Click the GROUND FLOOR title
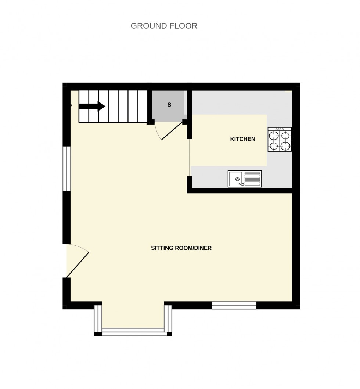164,26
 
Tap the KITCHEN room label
242,139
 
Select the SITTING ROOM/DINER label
181,248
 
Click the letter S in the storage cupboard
169,105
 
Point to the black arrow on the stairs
92,106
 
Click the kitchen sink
245,179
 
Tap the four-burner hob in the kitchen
280,140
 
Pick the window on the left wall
66,169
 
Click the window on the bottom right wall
234,305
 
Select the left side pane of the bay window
98,318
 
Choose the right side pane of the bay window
168,318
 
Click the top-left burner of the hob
274,134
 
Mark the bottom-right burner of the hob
285,146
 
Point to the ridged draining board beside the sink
252,179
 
